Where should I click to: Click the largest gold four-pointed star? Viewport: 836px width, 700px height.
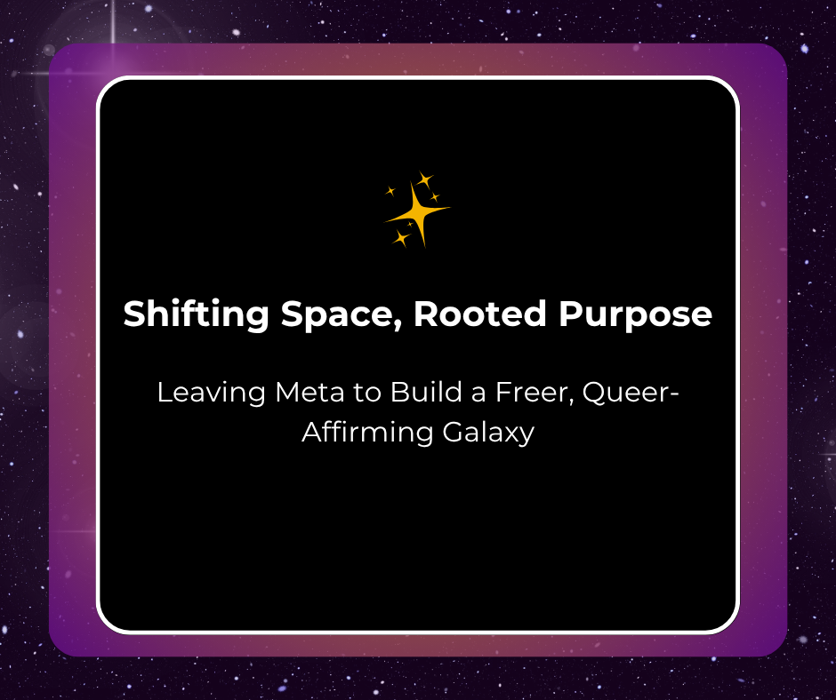(x=417, y=212)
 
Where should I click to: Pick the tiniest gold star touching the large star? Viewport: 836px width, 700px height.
(x=410, y=225)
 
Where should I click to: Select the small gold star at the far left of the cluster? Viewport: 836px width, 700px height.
(x=390, y=190)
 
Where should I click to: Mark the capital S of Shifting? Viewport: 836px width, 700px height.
(x=134, y=314)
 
